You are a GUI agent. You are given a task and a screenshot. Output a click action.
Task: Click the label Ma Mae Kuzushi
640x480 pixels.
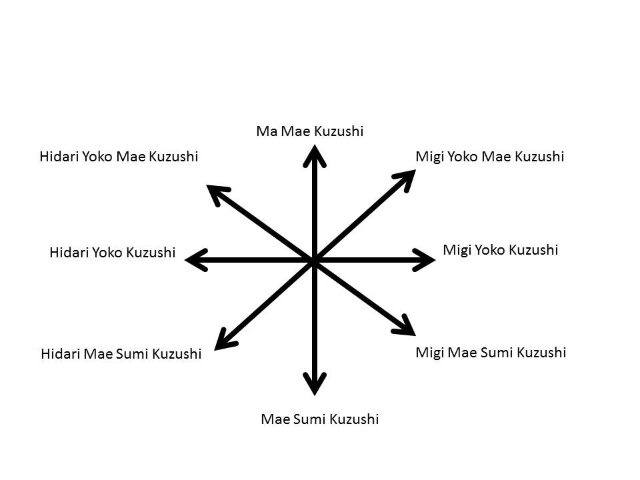(x=310, y=131)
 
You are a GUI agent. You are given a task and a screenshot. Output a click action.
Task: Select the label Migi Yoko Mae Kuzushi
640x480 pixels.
(x=489, y=157)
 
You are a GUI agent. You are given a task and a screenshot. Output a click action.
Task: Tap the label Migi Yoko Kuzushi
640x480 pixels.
(x=500, y=250)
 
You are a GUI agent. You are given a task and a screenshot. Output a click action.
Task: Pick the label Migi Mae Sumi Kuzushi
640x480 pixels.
(x=491, y=352)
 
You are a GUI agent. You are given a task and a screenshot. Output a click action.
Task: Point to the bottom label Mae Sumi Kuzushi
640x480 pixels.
(x=319, y=419)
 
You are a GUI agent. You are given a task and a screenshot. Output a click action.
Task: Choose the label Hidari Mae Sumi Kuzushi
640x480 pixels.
(x=121, y=354)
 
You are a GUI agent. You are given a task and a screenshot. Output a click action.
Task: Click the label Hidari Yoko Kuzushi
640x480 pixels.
(x=112, y=253)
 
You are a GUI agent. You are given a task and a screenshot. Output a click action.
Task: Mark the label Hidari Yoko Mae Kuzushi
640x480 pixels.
(x=119, y=157)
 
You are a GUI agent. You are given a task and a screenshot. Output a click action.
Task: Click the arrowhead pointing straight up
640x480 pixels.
(x=315, y=156)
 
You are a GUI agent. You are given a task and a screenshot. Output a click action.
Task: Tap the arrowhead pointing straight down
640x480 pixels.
(x=315, y=383)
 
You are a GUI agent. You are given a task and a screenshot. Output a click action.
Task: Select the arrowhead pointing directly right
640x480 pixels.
(x=424, y=259)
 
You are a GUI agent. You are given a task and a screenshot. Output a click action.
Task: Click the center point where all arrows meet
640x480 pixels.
(x=314, y=261)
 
